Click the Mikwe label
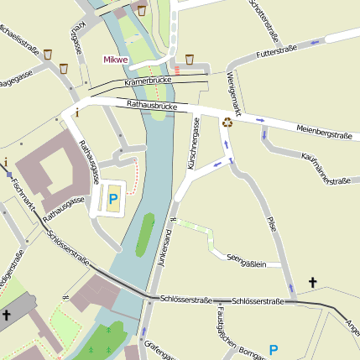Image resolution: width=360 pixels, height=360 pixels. tap(116, 60)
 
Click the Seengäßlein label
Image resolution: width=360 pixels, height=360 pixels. tap(245, 263)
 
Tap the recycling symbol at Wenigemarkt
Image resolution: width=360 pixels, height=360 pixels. tap(227, 123)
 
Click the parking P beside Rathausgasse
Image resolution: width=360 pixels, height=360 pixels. tap(113, 200)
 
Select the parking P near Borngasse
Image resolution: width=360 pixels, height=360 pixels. tap(273, 350)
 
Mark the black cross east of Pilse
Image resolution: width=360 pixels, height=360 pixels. tap(314, 284)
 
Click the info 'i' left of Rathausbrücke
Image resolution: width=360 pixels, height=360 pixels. tap(77, 112)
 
